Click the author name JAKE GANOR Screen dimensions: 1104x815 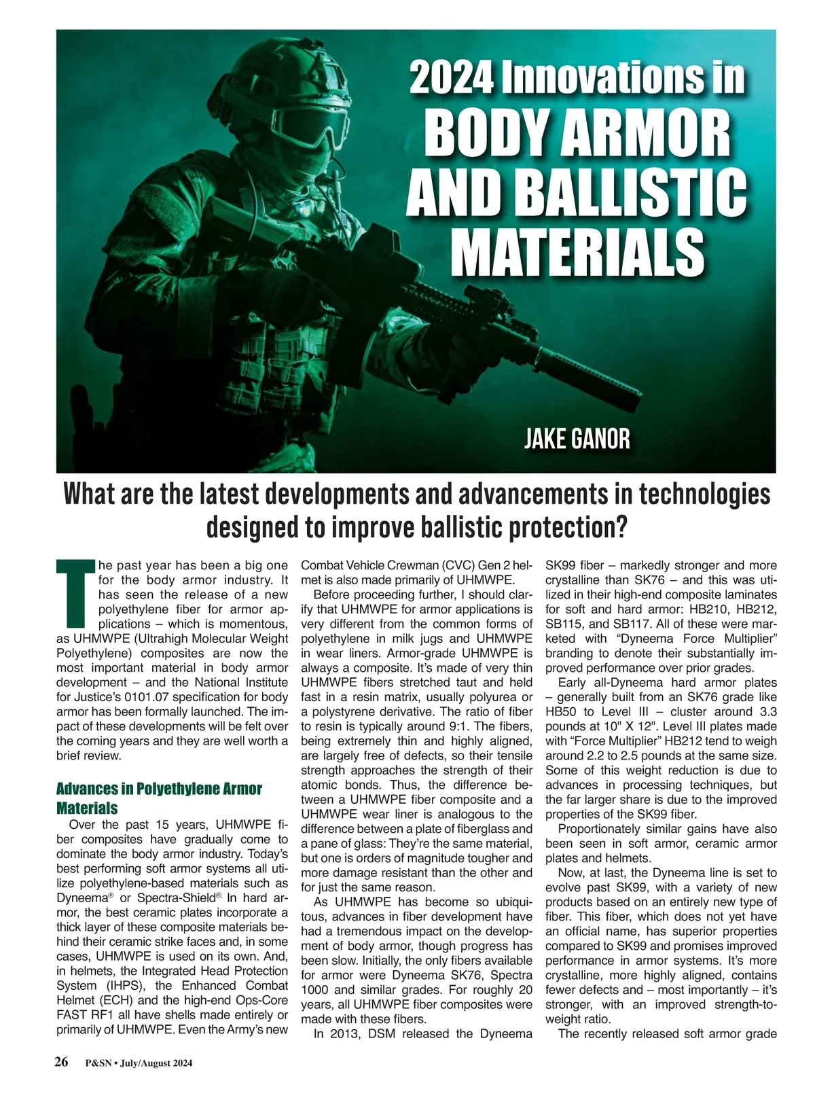click(577, 439)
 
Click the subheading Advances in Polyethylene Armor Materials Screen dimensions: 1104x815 click(159, 798)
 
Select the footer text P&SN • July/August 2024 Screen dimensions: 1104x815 click(139, 1064)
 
